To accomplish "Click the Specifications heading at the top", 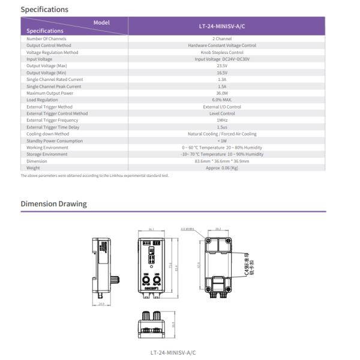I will (x=44, y=10).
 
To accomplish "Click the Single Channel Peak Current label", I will (x=53, y=86).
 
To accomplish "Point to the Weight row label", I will (x=34, y=168).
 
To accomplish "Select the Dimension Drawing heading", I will (x=53, y=204).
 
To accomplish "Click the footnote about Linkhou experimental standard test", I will (x=95, y=176).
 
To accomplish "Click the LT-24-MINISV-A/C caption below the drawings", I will (x=173, y=352).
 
